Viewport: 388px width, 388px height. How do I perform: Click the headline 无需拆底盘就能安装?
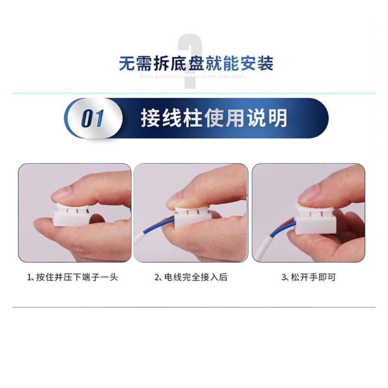tap(196, 64)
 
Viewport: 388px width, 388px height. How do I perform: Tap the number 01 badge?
tap(93, 119)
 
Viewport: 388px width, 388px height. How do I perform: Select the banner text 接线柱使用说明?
tap(214, 118)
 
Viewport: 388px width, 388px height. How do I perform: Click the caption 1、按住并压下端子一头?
tap(72, 277)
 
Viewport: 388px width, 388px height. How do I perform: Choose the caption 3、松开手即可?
tap(308, 277)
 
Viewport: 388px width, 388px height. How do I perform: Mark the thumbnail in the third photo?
tap(309, 194)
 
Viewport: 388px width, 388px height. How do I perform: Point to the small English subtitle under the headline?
tap(193, 77)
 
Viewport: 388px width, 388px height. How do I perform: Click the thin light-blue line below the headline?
tap(194, 93)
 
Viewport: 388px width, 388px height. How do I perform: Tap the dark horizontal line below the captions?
tap(194, 307)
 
